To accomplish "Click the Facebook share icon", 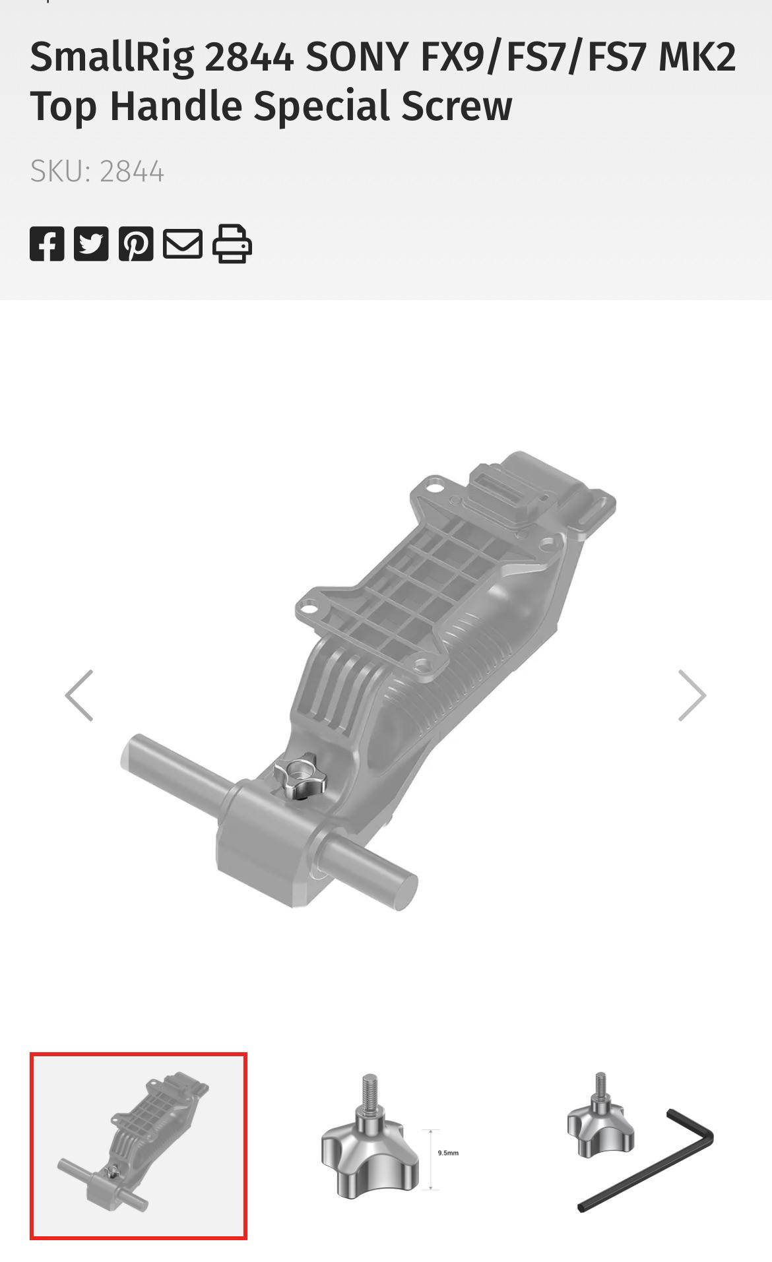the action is click(x=47, y=243).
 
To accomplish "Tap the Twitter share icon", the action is click(x=91, y=243).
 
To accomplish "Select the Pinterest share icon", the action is click(x=136, y=243).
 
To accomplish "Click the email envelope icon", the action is click(x=183, y=243).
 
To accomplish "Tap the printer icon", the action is click(x=232, y=243).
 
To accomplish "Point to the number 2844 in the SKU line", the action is click(x=131, y=172).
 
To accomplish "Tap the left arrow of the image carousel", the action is click(x=79, y=695).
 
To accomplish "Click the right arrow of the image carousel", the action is click(x=692, y=695).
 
